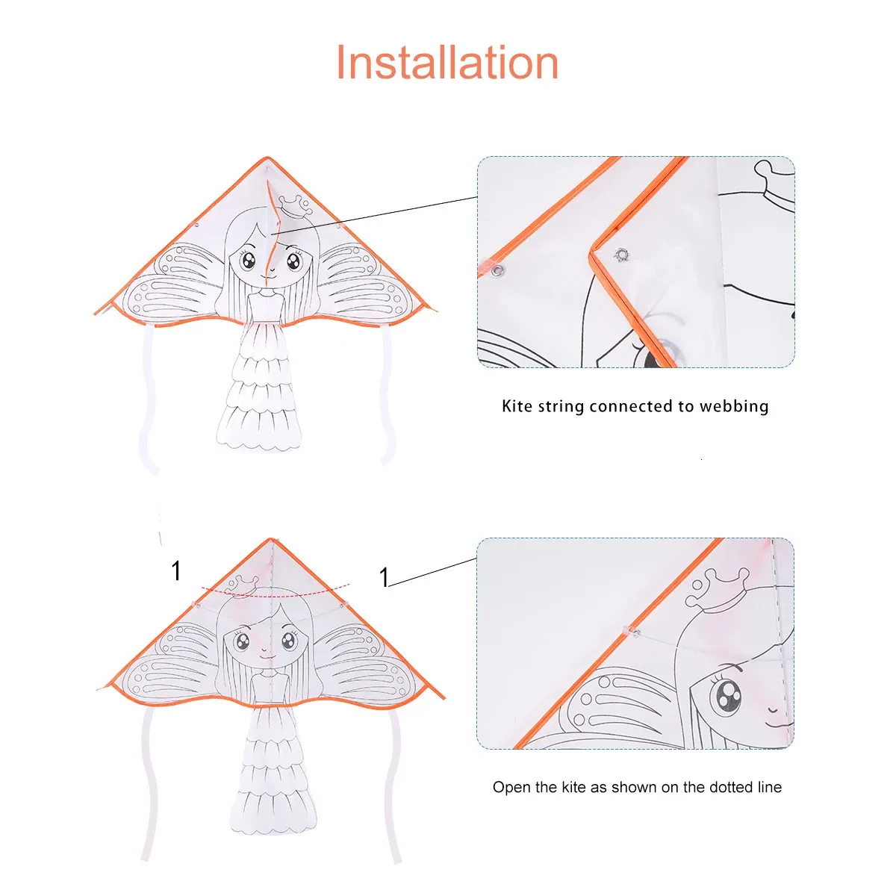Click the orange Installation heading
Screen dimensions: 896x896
tap(447, 62)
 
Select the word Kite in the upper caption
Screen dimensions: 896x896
tap(517, 406)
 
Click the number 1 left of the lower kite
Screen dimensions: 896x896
tap(175, 570)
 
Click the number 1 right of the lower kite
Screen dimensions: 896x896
tap(384, 577)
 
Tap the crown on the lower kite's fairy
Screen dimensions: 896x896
tap(242, 585)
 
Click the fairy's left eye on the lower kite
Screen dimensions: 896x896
tap(242, 643)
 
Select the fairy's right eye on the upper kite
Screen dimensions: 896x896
tap(293, 262)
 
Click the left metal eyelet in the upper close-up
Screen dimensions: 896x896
tap(499, 270)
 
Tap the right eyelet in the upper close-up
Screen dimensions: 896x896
tap(620, 255)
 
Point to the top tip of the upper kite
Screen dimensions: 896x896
tap(267, 158)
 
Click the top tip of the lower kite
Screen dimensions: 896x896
tap(271, 539)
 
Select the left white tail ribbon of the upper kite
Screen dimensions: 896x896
tap(151, 400)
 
